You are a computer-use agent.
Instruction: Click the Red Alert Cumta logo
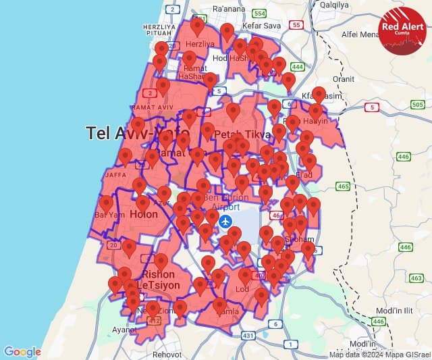coord(404,30)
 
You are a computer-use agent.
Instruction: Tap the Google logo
coord(22,351)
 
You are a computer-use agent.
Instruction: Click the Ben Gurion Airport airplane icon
coord(226,222)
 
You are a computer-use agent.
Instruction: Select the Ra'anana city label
coord(227,9)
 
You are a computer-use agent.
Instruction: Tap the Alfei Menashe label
coord(361,34)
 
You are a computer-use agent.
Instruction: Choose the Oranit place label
coord(343,78)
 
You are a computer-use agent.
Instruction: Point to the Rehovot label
coord(167,354)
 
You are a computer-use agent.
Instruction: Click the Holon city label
coord(143,215)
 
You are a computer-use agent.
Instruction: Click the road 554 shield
coord(260,14)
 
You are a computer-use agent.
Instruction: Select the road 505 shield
coord(417,105)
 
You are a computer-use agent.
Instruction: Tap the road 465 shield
coord(343,186)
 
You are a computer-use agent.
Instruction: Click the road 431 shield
coord(248,336)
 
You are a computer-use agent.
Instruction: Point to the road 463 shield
coord(416,278)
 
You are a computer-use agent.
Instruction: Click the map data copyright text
coord(379,355)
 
